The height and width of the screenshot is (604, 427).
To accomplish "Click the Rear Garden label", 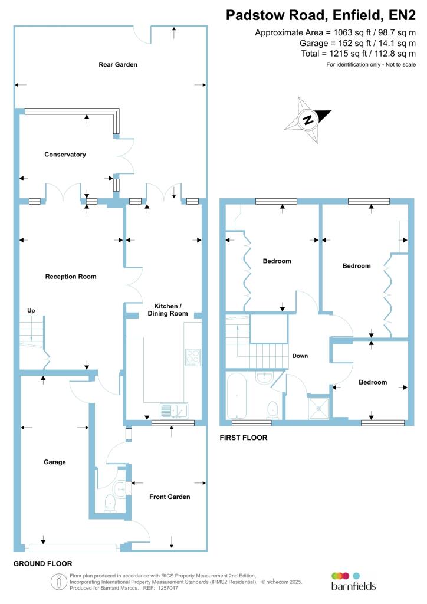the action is (118, 64).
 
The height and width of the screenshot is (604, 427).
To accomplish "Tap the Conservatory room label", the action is (65, 155).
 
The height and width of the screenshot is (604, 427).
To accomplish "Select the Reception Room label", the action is (71, 276).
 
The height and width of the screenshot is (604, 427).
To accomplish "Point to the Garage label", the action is (54, 462).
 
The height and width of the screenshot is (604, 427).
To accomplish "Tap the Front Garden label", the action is (169, 497).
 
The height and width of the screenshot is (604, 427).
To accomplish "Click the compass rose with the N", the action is (307, 120).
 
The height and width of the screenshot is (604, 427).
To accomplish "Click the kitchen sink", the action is (174, 409).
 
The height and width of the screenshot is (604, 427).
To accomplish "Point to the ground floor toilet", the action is (110, 502).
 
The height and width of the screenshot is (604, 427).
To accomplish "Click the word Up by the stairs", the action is (31, 310).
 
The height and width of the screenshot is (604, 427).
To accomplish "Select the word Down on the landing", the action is (300, 356).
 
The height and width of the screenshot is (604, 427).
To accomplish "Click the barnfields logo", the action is (353, 580).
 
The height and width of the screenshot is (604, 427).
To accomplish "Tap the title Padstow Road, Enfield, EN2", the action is (325, 15).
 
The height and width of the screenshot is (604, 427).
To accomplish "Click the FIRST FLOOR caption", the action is (243, 438).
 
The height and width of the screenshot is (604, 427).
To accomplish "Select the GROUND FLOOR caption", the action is (42, 564).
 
